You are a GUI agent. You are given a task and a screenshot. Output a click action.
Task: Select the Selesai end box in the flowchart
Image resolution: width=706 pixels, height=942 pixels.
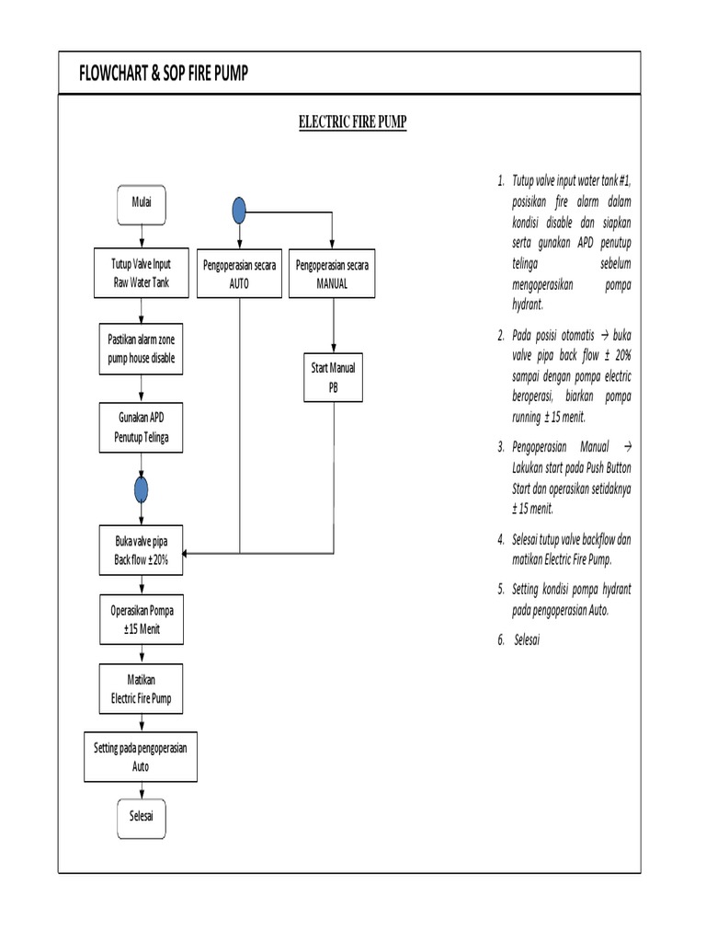click(141, 817)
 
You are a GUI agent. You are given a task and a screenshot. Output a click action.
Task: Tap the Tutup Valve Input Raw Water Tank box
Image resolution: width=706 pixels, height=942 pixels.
click(141, 273)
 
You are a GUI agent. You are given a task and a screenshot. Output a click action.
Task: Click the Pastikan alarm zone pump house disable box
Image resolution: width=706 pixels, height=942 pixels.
click(141, 349)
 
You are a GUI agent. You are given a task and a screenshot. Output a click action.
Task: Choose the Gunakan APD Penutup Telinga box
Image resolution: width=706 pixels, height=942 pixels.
click(141, 427)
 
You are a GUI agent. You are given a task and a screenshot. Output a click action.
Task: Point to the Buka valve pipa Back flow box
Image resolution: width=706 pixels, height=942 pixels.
click(141, 550)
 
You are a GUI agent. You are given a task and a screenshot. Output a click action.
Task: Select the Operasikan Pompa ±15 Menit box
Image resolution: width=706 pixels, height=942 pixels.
click(141, 619)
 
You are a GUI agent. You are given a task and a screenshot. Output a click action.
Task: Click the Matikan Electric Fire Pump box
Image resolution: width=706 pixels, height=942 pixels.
click(141, 689)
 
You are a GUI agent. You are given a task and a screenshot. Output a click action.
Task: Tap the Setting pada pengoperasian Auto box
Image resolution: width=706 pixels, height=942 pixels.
click(141, 757)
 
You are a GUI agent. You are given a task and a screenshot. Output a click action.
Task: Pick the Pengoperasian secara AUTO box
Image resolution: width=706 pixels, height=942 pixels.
click(239, 274)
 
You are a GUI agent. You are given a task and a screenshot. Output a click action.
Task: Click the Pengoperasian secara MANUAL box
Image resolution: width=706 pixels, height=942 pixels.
click(332, 274)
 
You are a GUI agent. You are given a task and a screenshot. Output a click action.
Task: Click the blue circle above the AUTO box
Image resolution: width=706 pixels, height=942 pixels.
click(239, 211)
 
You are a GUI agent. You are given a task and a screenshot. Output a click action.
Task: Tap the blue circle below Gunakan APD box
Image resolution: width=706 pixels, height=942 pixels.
click(141, 489)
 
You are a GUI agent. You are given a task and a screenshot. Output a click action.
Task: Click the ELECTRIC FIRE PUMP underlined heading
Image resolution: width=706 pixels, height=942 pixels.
click(353, 121)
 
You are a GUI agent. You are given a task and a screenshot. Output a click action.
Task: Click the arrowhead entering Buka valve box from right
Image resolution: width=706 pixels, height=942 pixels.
click(187, 554)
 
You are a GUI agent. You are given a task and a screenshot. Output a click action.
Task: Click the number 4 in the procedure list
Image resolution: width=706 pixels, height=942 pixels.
click(501, 538)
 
